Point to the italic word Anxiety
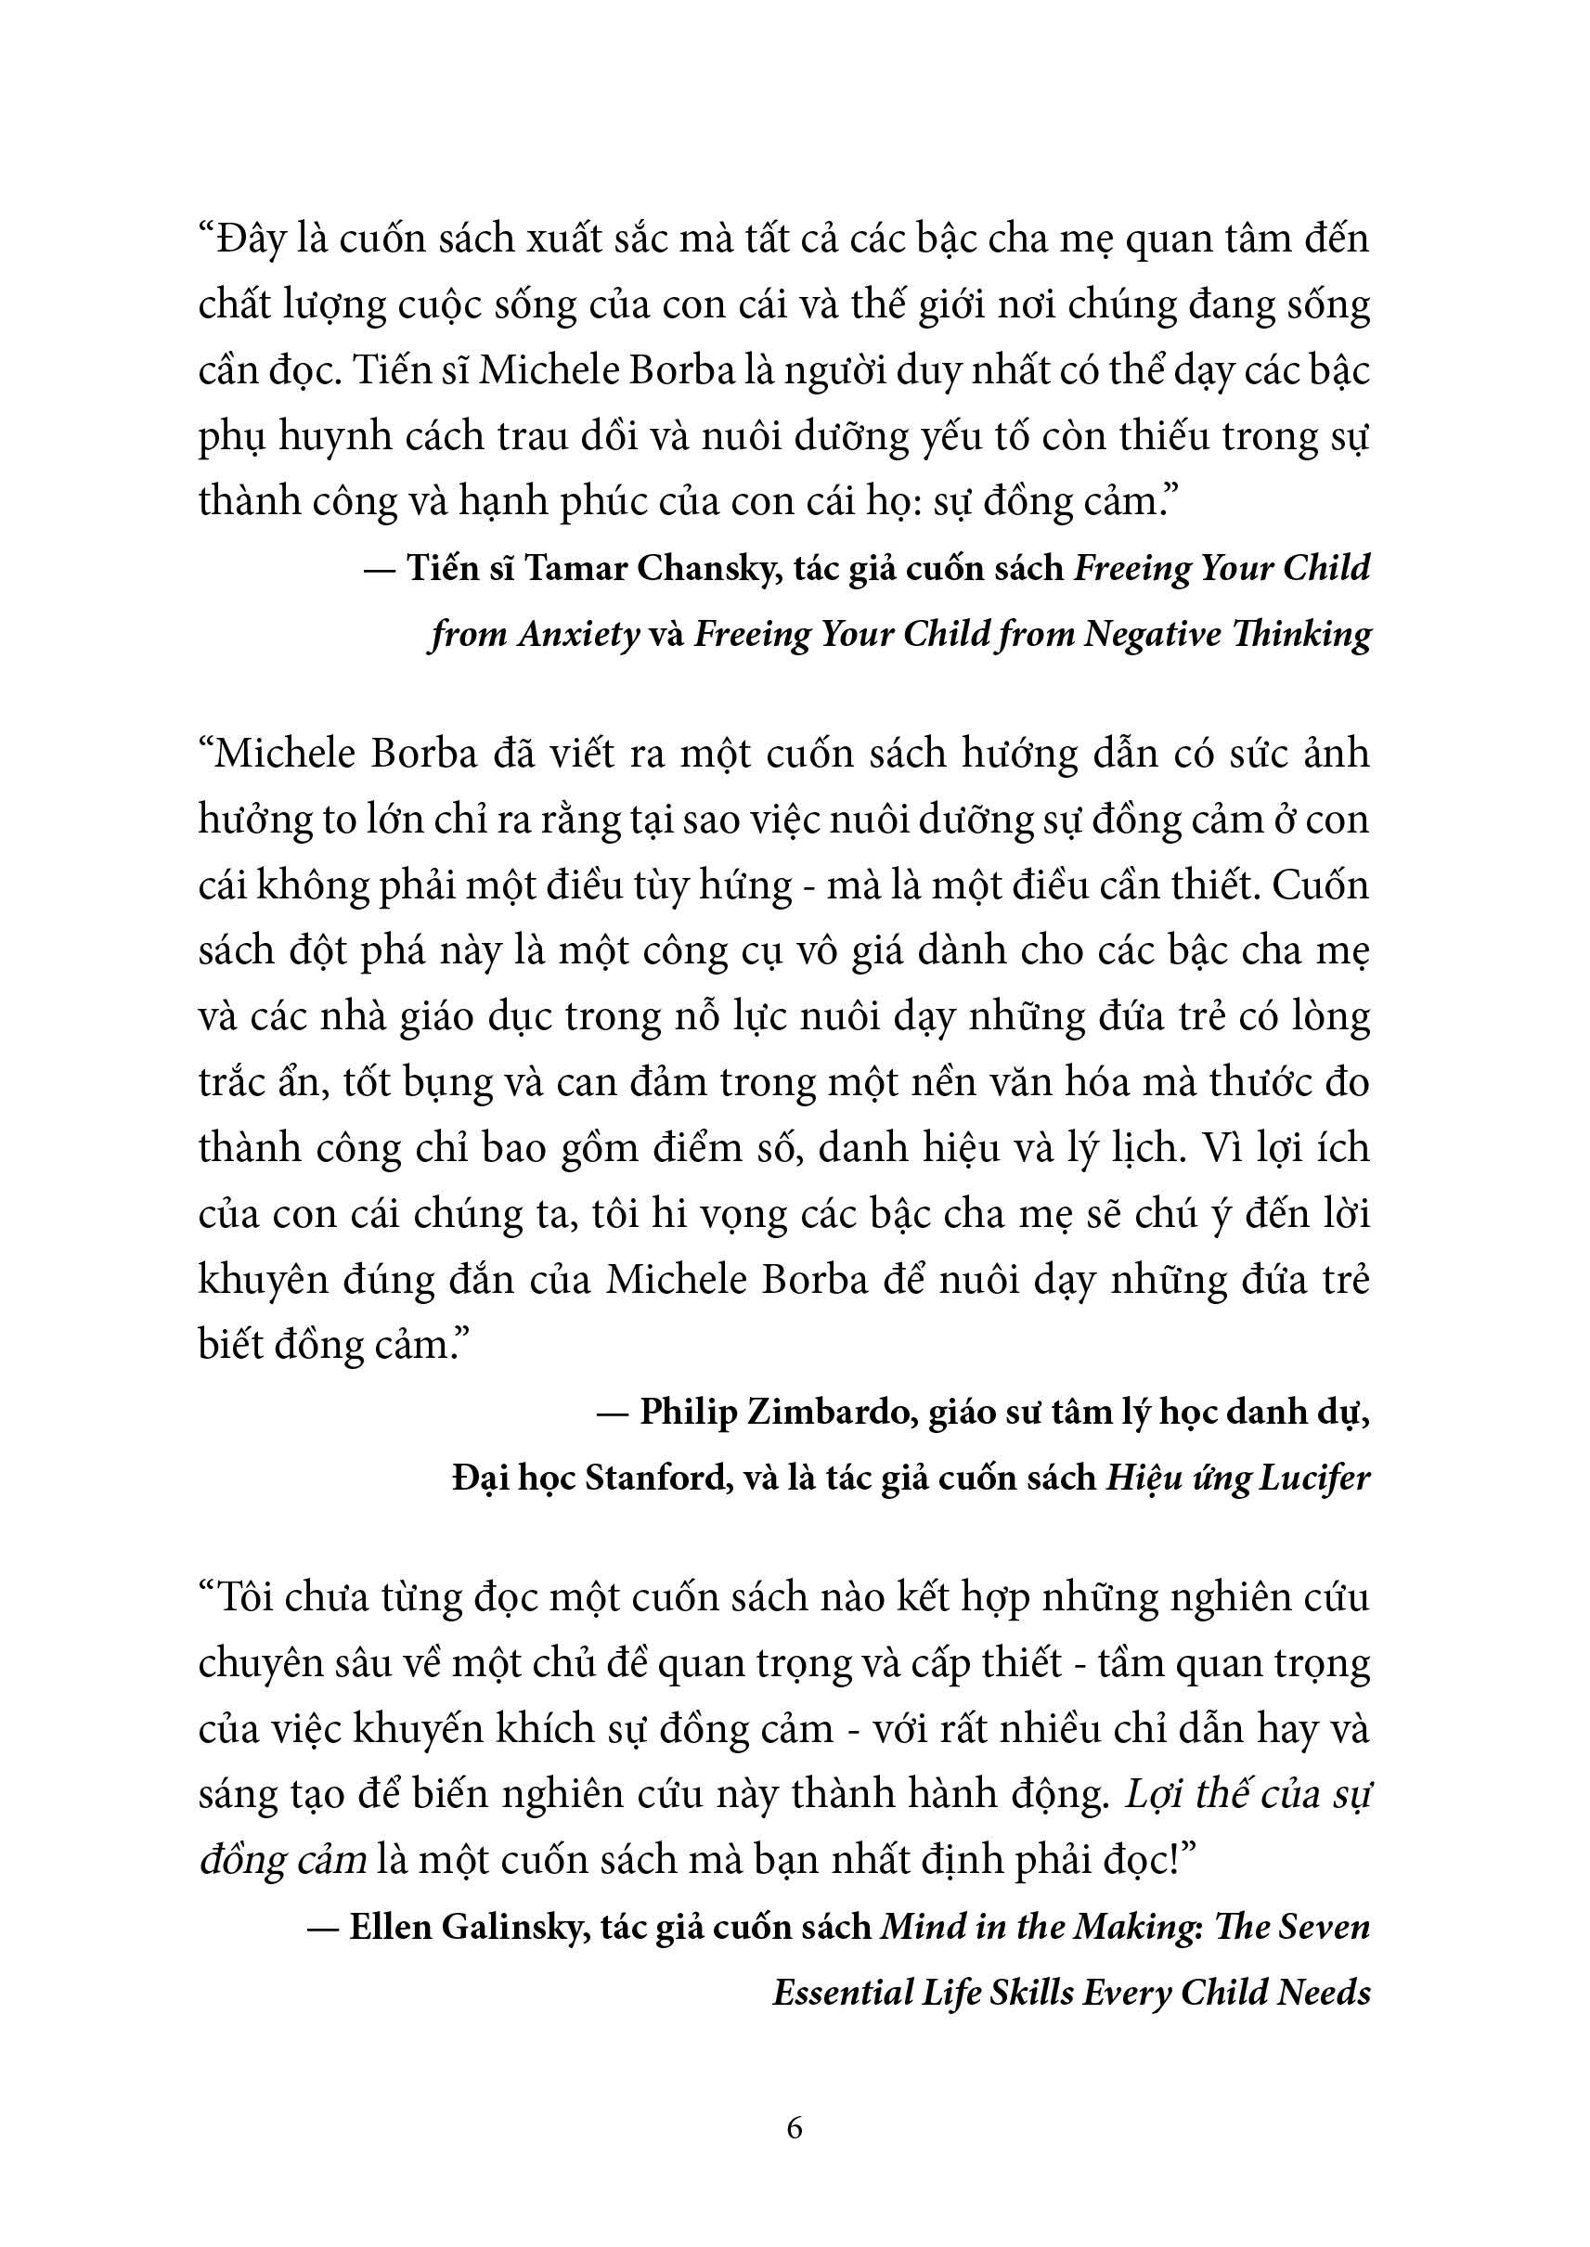click(578, 635)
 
